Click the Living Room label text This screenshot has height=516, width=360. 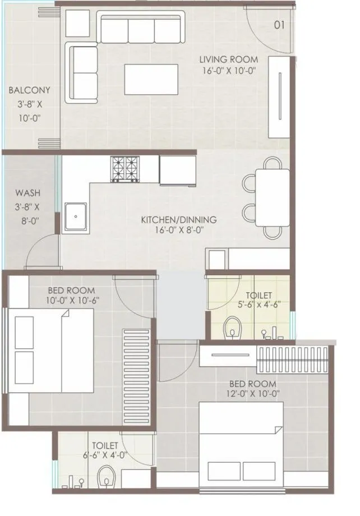pos(229,59)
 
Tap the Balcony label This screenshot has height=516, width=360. pos(29,90)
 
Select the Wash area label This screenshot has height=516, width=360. pos(27,193)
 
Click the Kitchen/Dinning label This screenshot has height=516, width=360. pos(178,220)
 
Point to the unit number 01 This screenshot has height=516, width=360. pos(280,25)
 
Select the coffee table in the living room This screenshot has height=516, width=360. pos(151,80)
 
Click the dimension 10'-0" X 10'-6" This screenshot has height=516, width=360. pos(71,301)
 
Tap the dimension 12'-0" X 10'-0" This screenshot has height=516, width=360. pos(252,393)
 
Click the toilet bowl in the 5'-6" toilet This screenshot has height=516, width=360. pos(231,328)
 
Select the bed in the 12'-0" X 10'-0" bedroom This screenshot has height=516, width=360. pos(241,451)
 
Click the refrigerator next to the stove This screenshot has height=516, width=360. pos(177,170)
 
